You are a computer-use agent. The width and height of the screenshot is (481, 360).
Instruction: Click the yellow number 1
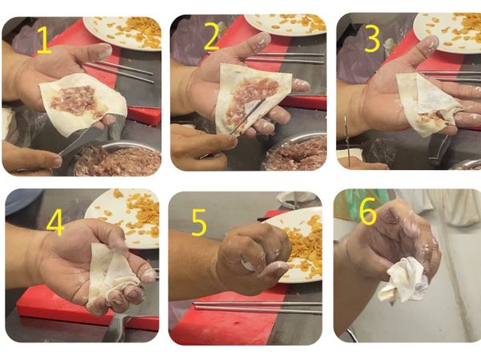pos(44,39)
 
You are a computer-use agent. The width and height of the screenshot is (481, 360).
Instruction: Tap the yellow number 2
pos(212,36)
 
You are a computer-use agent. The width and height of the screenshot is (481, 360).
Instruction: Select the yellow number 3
pos(373,38)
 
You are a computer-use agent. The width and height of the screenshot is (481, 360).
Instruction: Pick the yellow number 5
pos(199,223)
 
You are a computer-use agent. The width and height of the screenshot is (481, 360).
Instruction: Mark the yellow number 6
pos(367,211)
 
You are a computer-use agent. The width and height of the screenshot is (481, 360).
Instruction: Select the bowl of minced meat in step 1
pos(116,159)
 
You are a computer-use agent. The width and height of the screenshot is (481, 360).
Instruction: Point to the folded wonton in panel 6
pos(402,280)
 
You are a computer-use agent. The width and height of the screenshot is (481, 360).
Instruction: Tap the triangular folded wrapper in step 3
pos(430,103)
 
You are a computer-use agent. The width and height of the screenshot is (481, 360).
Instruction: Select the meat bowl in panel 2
pos(295,152)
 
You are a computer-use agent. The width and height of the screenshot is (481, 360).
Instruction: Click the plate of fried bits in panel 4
pos(123,218)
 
